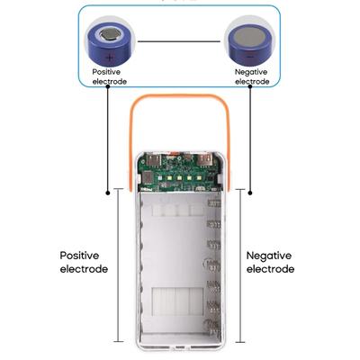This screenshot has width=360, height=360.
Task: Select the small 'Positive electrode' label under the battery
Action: [109, 76]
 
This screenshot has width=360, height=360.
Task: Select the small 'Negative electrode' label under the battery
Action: [251, 76]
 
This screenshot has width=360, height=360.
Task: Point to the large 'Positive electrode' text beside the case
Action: [84, 262]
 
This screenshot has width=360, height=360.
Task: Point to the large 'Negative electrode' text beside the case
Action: [269, 262]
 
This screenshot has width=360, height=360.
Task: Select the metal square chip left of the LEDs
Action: [149, 178]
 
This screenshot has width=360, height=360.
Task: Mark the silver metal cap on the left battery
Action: [109, 35]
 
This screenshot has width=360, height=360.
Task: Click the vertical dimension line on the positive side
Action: [118, 270]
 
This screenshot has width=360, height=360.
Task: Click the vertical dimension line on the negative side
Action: [241, 270]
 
